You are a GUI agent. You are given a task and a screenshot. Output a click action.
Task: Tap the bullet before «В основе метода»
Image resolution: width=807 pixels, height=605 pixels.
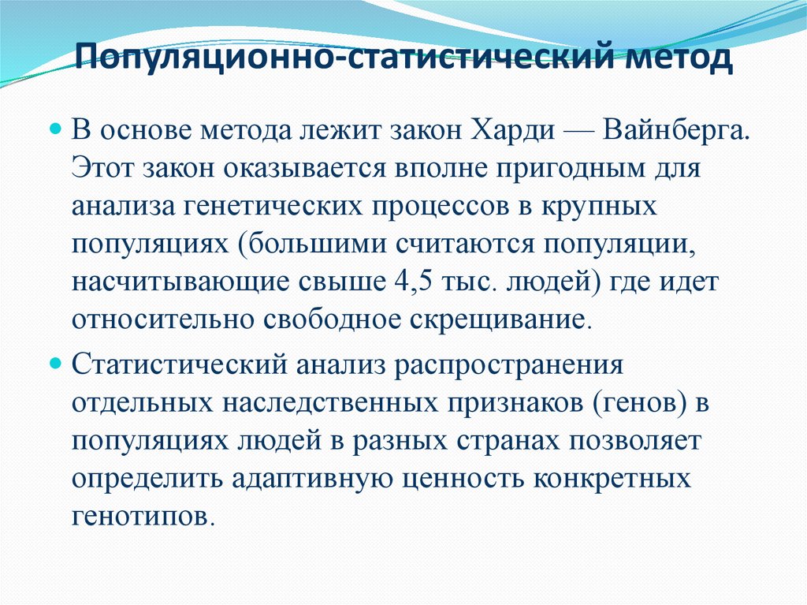[x=55, y=127]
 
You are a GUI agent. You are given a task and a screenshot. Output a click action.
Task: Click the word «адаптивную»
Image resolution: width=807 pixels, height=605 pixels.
[x=323, y=480]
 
